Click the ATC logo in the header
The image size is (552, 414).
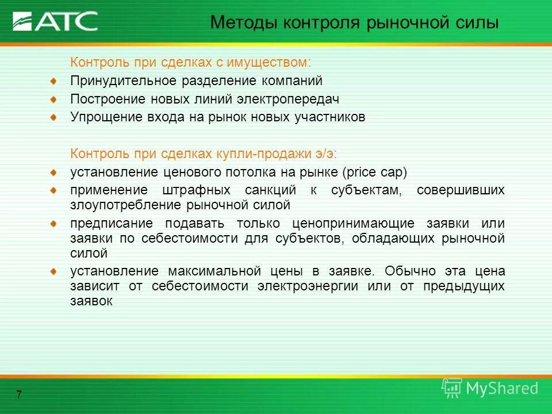tap(55, 21)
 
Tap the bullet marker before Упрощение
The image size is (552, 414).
tap(53, 117)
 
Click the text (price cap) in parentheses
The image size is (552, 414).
tap(374, 172)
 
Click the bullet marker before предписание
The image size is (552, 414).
tap(53, 223)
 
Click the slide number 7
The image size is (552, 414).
tap(19, 394)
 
